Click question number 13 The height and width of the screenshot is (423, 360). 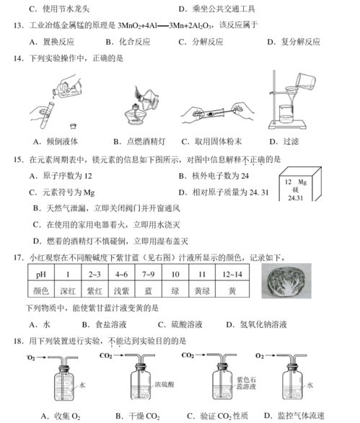[18, 26]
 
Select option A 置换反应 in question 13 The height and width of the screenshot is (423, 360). [51, 42]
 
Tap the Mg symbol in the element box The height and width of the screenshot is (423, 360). [302, 182]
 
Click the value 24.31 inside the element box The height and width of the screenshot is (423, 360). [296, 197]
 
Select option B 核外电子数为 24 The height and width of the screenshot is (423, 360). [214, 176]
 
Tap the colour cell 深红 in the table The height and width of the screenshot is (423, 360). [68, 290]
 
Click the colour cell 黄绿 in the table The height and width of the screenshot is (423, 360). [202, 290]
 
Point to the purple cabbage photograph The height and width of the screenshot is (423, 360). [286, 281]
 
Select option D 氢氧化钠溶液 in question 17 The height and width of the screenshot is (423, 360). [256, 324]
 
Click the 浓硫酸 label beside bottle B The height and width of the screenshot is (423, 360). [164, 384]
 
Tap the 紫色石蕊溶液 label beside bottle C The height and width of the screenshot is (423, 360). [246, 383]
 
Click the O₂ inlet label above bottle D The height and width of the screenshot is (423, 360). [260, 356]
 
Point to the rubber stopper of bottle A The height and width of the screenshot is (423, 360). [63, 368]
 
